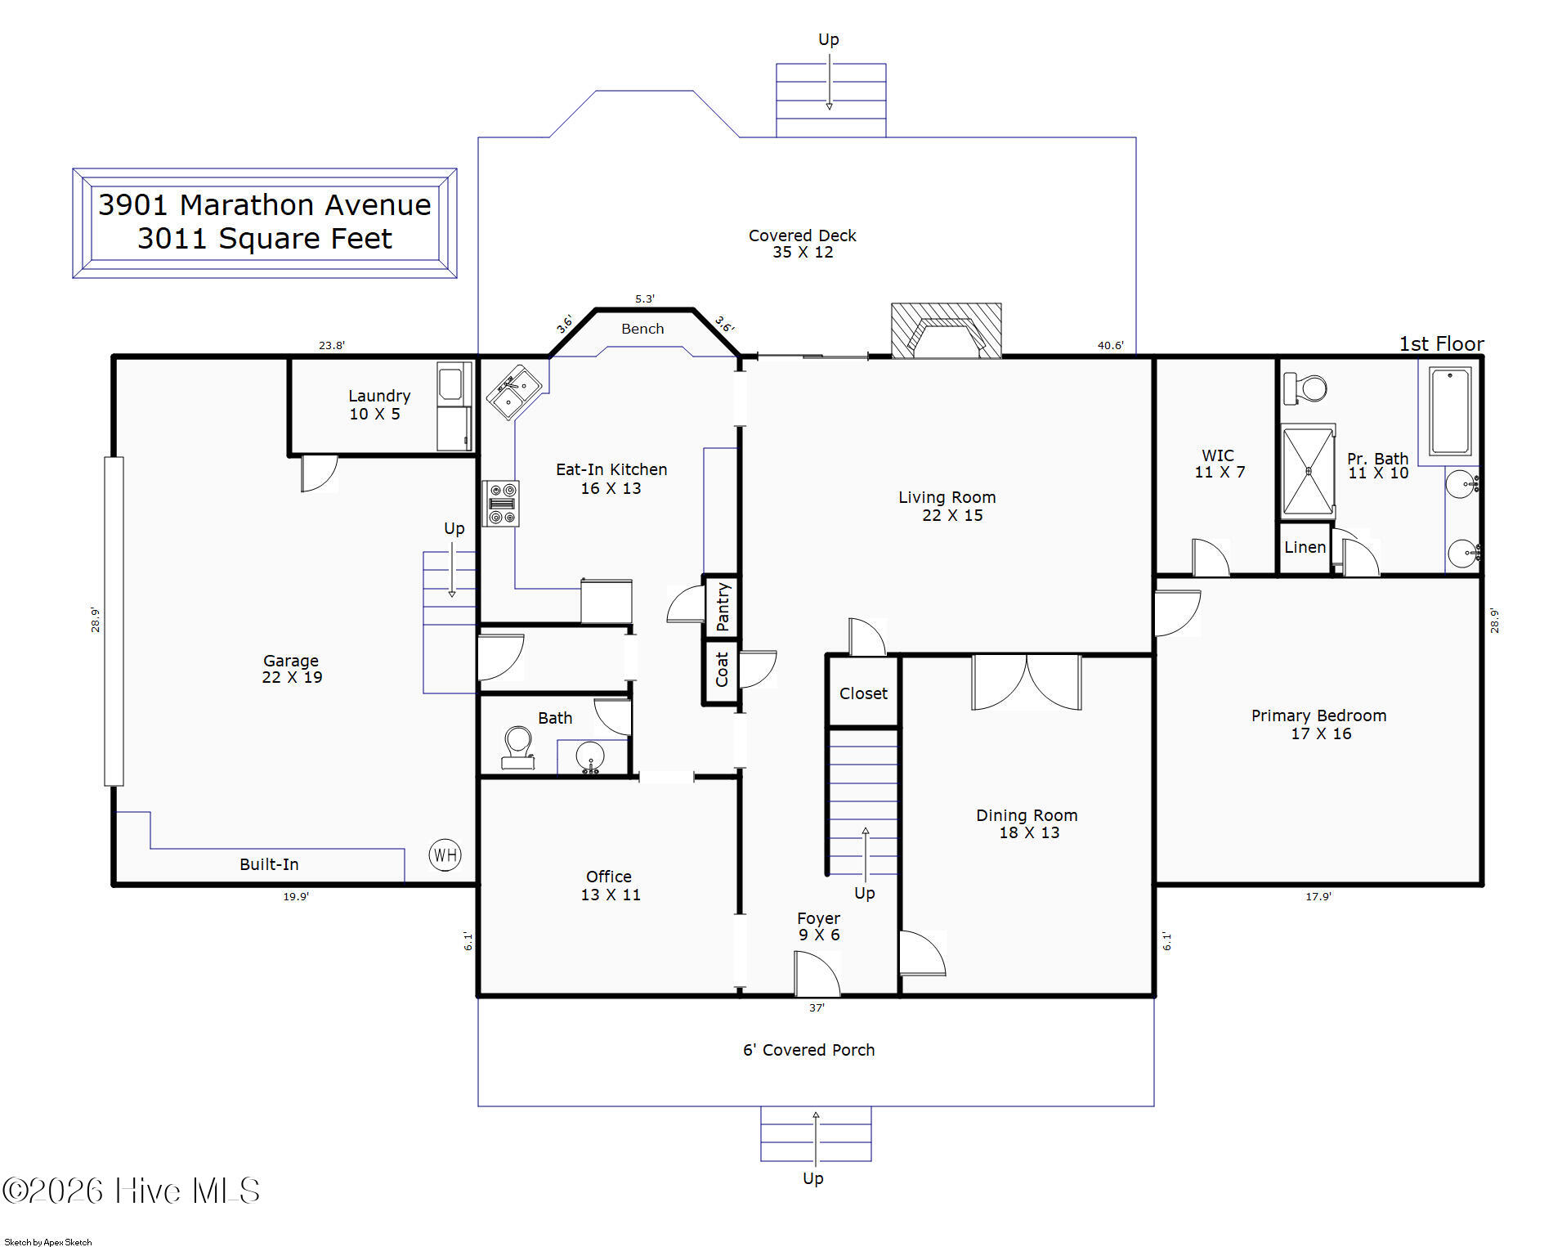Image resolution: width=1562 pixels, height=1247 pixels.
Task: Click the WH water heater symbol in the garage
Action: tap(445, 855)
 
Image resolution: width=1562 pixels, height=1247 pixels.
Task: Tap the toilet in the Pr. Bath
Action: tap(1305, 388)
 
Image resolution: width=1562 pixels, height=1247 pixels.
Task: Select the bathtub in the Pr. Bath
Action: tap(1450, 410)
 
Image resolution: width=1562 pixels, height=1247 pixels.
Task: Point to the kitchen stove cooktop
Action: tap(501, 503)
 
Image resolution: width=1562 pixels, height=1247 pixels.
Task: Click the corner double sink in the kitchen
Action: tap(514, 392)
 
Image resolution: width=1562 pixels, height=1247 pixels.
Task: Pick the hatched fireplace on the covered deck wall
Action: tap(946, 330)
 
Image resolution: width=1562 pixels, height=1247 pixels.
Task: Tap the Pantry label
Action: tap(723, 607)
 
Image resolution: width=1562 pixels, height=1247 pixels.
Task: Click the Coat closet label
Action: tap(722, 670)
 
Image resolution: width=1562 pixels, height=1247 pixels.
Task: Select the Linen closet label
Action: tap(1305, 547)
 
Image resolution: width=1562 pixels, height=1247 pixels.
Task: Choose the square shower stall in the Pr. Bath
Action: tap(1308, 472)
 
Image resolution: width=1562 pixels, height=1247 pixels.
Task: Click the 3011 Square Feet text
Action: tap(264, 239)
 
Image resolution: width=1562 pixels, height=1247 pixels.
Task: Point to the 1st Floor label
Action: tap(1441, 343)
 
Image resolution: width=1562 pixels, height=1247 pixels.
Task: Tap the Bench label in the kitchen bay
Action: tap(642, 329)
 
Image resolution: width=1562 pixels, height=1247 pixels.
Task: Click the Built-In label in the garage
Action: tap(269, 864)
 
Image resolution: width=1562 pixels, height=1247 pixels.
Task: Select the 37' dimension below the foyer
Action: tap(817, 1008)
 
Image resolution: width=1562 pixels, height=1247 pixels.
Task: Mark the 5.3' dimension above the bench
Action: tap(645, 299)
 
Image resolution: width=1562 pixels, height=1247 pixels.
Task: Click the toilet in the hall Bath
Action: tap(518, 747)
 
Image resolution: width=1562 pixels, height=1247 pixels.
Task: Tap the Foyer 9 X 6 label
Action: tap(818, 926)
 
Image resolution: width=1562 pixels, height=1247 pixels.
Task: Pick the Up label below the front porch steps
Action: tap(812, 1178)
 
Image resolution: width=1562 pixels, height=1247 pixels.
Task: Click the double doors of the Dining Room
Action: tap(1027, 682)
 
